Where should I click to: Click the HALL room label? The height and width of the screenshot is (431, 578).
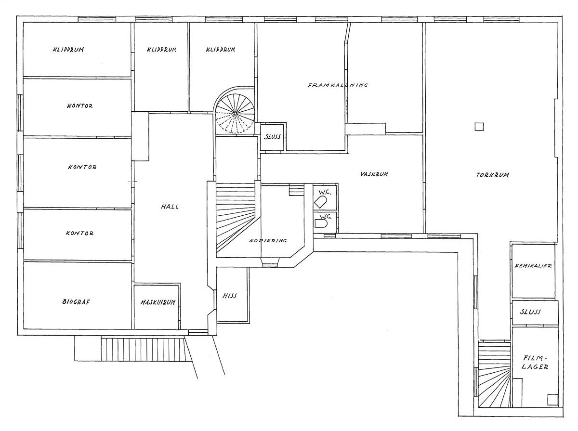coord(170,207)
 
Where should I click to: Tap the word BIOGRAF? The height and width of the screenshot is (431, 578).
coord(77,302)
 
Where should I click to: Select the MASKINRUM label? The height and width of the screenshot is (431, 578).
coord(157,302)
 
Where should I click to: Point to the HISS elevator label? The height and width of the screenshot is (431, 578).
coord(230,296)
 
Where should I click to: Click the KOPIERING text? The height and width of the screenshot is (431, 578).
coord(268,240)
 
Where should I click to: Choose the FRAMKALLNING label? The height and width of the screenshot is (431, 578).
coord(338,85)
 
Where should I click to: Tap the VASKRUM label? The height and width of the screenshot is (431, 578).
coord(374,174)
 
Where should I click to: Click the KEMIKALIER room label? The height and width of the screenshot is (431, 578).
coord(533,266)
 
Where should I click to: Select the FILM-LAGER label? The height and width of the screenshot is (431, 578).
coord(536,362)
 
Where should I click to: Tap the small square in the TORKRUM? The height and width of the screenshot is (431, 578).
coord(479,127)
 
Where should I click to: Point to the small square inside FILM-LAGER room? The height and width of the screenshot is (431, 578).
coord(552,399)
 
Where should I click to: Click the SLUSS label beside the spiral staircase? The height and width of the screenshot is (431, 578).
coord(273,137)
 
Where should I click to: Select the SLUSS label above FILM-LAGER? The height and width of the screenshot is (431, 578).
coord(530,312)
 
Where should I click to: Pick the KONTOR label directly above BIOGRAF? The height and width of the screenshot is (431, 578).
coord(80,234)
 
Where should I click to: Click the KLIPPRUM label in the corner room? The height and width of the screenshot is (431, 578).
coord(69,50)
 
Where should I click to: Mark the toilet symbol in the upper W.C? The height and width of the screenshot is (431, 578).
coord(321,198)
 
